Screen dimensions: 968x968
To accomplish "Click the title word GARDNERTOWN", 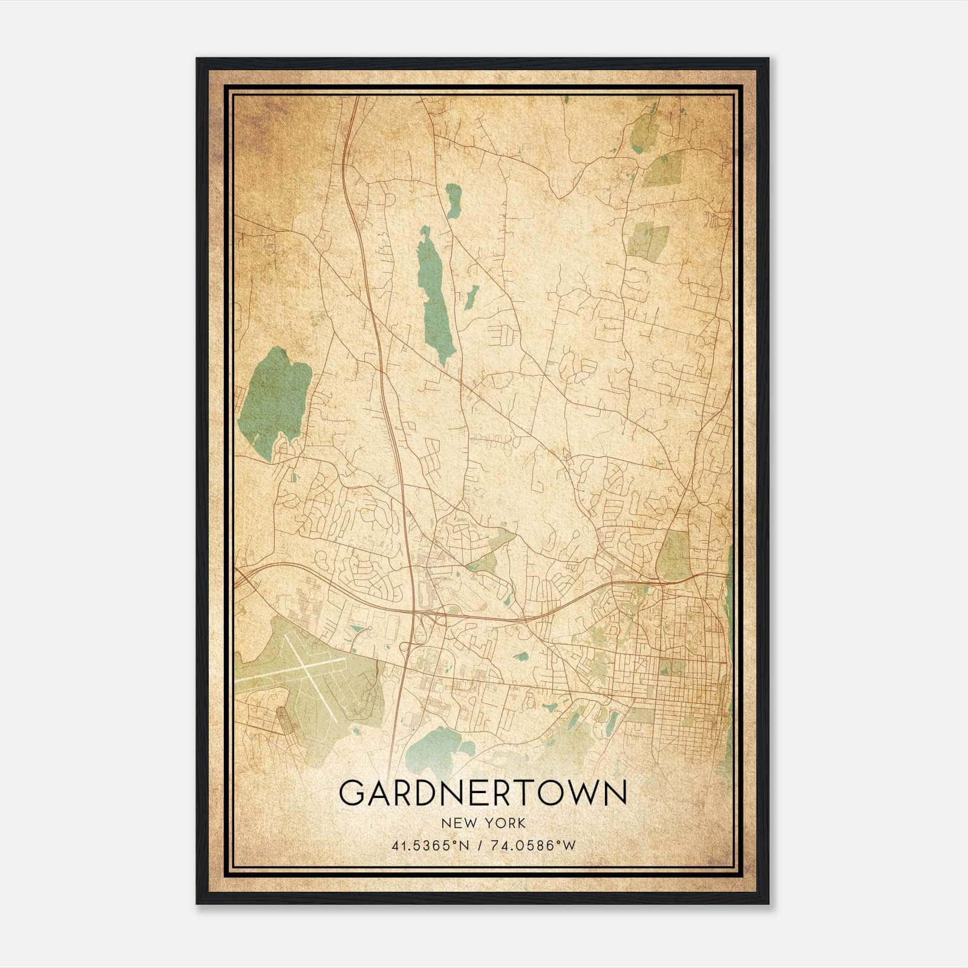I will click(483, 793).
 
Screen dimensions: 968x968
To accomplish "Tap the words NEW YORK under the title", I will click(483, 823).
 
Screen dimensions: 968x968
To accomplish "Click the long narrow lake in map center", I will click(435, 296).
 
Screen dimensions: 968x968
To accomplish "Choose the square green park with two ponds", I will click(647, 242).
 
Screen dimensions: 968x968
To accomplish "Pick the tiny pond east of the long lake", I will click(472, 294).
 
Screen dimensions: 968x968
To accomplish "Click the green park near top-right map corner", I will click(646, 130).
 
